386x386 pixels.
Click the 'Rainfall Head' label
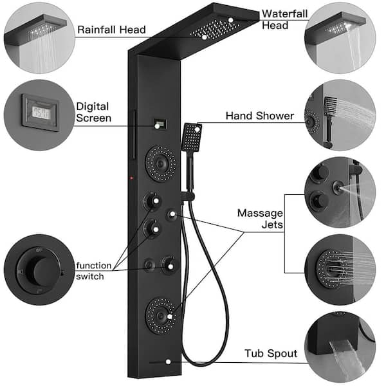click(111, 29)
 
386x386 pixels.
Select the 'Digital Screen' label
click(93, 112)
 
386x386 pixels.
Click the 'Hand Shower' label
click(259, 116)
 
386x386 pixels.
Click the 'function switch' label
click(93, 270)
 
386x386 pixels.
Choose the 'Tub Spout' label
click(270, 353)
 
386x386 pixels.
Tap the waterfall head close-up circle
click(339, 36)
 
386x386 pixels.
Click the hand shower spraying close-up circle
click(339, 115)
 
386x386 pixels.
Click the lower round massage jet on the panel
click(158, 311)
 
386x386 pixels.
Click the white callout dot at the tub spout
click(169, 362)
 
